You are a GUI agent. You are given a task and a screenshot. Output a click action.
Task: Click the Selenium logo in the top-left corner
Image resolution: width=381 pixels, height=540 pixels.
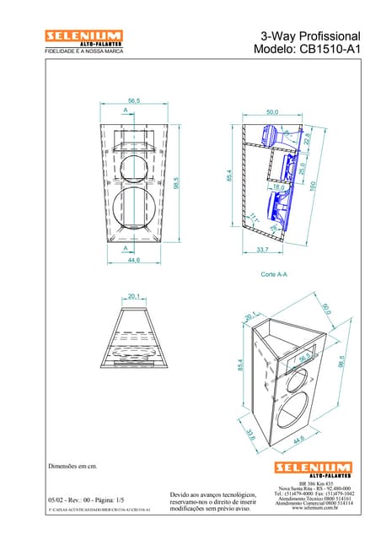point(73,37)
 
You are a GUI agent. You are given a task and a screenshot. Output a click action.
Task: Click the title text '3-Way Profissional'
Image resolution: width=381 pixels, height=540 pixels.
point(309,36)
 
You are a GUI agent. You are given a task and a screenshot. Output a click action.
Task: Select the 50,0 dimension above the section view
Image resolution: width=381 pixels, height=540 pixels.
point(272,111)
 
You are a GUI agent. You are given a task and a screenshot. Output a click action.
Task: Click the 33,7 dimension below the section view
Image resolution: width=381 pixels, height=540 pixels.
point(262,250)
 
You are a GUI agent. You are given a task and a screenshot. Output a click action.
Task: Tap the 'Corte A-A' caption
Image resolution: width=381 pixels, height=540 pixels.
point(274,274)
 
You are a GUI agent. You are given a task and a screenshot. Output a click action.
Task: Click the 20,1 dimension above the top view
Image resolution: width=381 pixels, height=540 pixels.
point(133,296)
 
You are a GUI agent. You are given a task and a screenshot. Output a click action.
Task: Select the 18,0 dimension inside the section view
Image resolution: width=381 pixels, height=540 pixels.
point(278,186)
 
